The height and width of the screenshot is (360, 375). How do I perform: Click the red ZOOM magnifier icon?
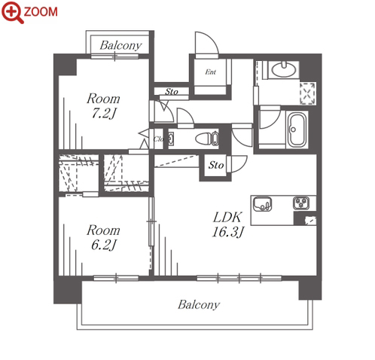coord(12,12)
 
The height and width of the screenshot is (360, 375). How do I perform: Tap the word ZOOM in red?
coord(41,12)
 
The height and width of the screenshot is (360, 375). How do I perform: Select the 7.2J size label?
coord(104,113)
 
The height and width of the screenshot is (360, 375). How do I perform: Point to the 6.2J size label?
coord(104,245)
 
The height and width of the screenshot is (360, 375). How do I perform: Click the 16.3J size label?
coord(228,232)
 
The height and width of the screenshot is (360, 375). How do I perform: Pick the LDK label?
coord(227,218)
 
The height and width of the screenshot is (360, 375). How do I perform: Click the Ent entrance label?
coord(210,72)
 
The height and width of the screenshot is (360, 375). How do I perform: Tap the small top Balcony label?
coord(120,45)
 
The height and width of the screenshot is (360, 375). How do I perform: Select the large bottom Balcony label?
coord(199,305)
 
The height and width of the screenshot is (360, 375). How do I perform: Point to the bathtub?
coord(297,130)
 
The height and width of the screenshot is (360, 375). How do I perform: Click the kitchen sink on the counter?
coord(262,204)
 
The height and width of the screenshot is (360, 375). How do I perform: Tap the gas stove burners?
coord(301,203)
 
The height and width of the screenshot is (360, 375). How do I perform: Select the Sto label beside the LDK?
coord(216,165)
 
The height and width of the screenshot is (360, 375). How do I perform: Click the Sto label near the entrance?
coord(172,92)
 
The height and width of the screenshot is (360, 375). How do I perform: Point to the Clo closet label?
coord(159,139)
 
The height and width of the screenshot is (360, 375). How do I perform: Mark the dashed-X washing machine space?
coord(307,93)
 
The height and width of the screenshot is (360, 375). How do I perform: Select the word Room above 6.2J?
coord(103,230)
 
